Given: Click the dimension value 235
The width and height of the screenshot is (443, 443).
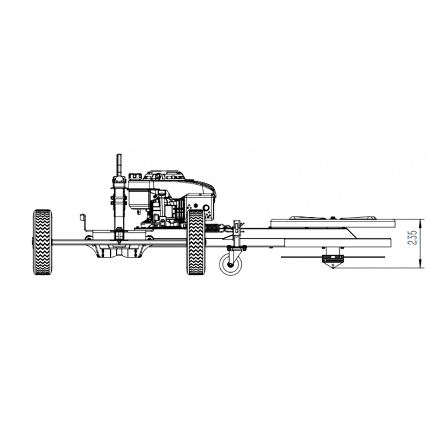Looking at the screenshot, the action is point(413,237).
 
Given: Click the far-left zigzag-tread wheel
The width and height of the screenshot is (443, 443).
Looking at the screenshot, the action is point(42,242).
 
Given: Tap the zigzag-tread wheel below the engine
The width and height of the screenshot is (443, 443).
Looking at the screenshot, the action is point(196,242).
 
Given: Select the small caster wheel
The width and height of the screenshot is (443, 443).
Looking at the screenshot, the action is point(231,265).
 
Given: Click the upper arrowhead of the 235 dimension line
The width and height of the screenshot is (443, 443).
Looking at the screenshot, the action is point(420,223).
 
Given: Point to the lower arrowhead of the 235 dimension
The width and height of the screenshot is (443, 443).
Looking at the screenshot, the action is point(420,264).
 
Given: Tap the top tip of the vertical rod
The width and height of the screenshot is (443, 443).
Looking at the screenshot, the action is point(119,155).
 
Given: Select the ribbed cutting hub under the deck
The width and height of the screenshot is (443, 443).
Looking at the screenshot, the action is point(333,258).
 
